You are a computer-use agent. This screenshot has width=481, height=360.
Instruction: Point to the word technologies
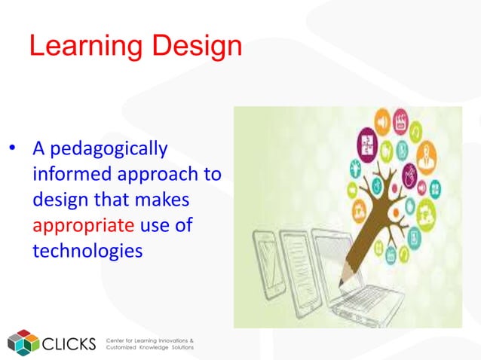point(87,249)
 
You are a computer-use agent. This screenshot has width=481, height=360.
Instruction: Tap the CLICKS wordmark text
point(70,343)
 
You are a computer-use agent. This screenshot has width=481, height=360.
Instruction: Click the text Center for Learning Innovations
point(150,339)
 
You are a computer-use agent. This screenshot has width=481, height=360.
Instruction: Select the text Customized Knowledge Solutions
point(150,348)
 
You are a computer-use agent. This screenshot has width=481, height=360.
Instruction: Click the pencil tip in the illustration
point(341,282)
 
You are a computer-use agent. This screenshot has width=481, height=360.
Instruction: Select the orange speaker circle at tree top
point(382,121)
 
